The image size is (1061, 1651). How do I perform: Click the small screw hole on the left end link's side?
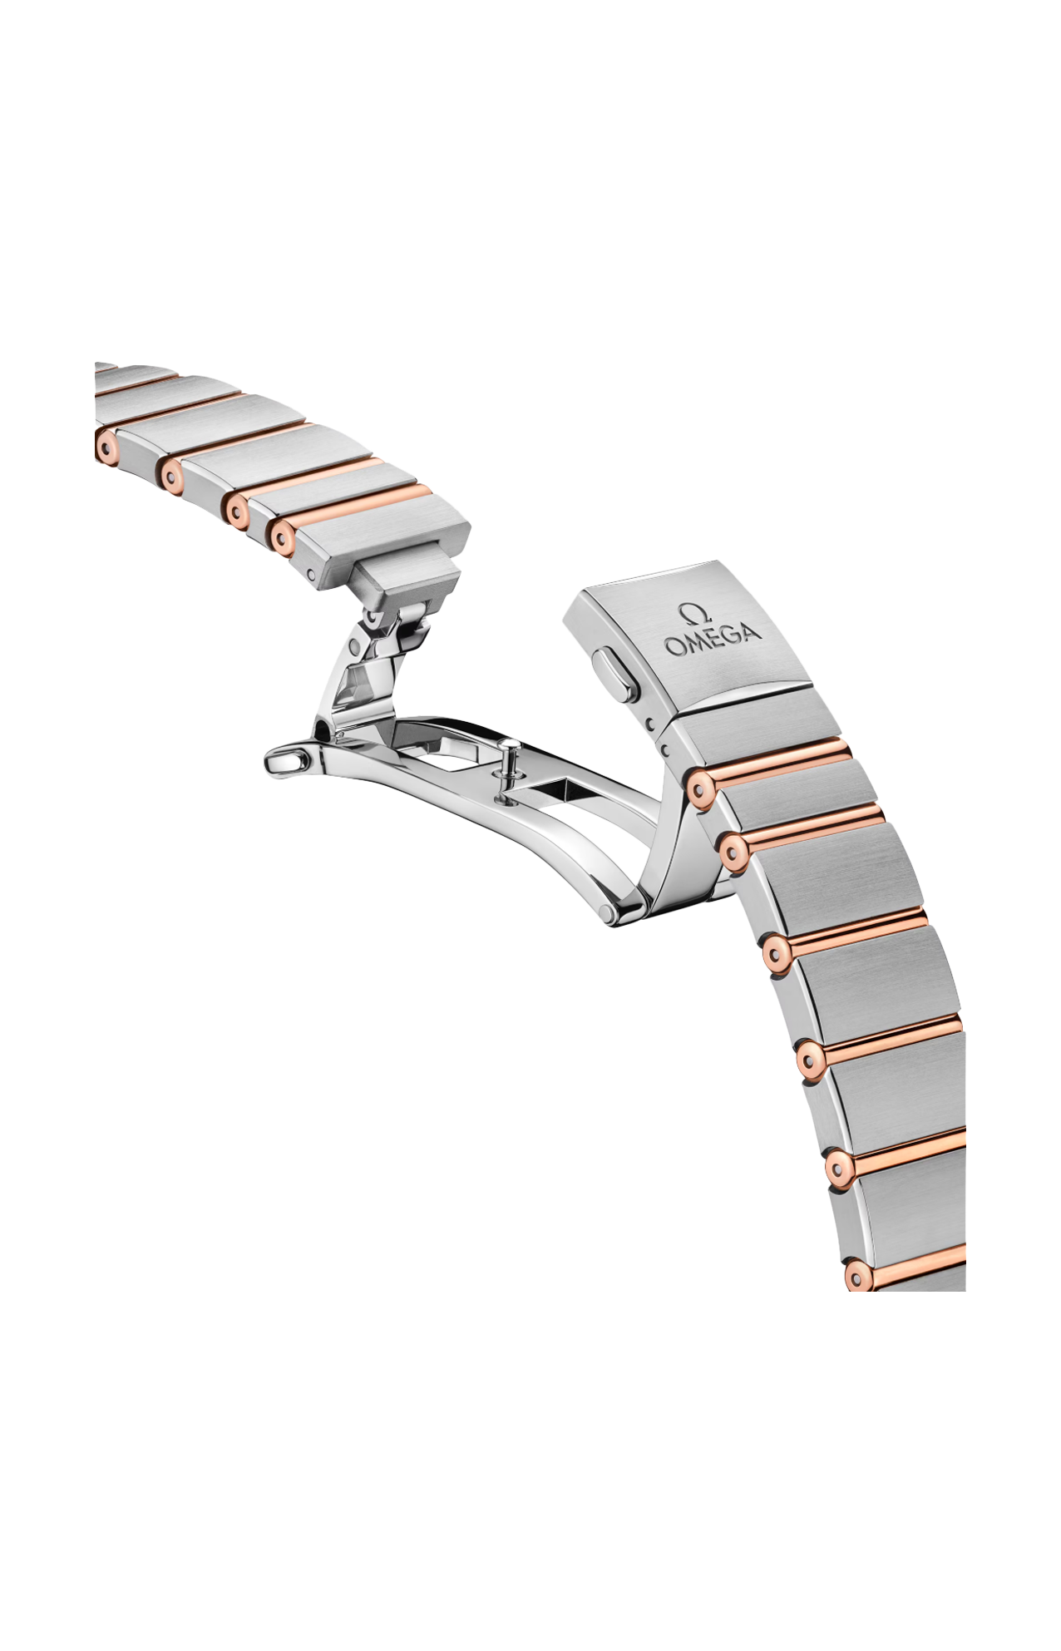tap(309, 574)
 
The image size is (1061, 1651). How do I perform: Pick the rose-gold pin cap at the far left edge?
tap(106, 445)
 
